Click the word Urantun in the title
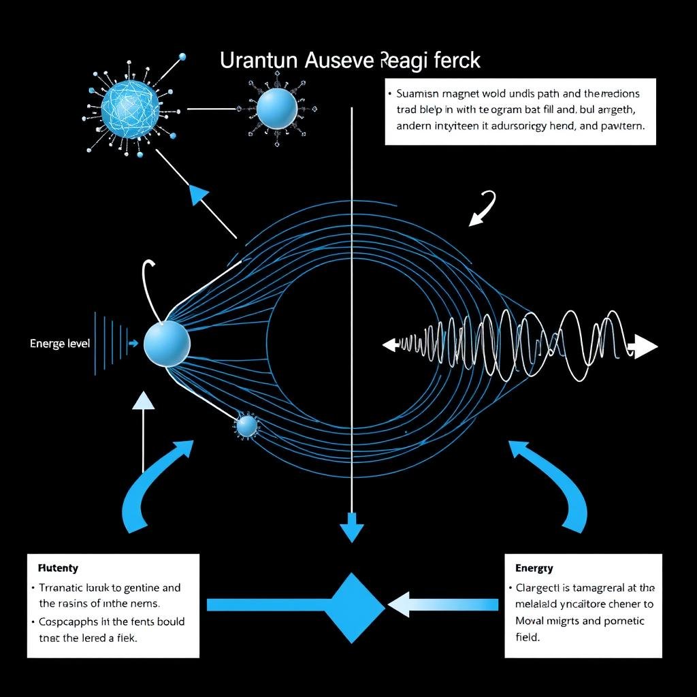click(259, 61)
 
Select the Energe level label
click(60, 344)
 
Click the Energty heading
click(534, 568)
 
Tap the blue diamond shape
click(353, 608)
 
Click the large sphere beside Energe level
click(167, 342)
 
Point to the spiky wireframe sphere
click(130, 107)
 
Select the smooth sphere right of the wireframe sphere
click(276, 108)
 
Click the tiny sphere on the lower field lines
click(246, 426)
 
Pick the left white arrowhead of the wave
click(390, 345)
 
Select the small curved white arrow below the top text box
click(483, 208)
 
